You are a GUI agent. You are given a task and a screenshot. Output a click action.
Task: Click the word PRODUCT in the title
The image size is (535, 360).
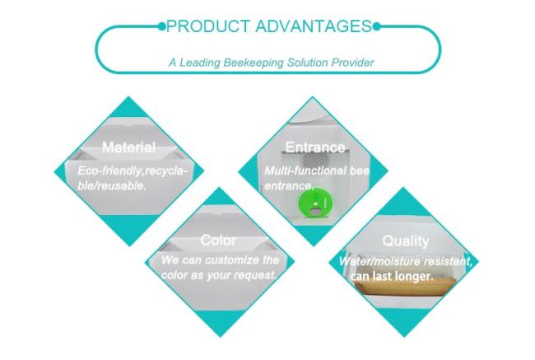pyautogui.click(x=207, y=26)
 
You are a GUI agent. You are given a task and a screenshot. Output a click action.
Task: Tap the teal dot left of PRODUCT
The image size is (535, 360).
pyautogui.click(x=161, y=26)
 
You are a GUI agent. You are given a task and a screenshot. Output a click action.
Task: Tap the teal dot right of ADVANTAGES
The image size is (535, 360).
pyautogui.click(x=376, y=26)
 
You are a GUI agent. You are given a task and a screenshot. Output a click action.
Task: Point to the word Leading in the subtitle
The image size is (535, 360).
pyautogui.click(x=200, y=63)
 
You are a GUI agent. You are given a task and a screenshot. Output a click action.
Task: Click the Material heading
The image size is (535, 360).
pyautogui.click(x=129, y=147)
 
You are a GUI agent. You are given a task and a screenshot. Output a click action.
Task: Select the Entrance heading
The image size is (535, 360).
pyautogui.click(x=315, y=147)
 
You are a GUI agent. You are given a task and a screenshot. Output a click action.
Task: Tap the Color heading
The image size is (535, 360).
pyautogui.click(x=218, y=240)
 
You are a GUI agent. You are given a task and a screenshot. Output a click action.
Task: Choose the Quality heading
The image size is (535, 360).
pyautogui.click(x=406, y=241)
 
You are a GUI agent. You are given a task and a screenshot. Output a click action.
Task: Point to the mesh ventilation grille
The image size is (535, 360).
pyautogui.click(x=315, y=160)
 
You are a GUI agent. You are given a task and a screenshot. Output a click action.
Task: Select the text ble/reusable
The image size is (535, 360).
pyautogui.click(x=112, y=185)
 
